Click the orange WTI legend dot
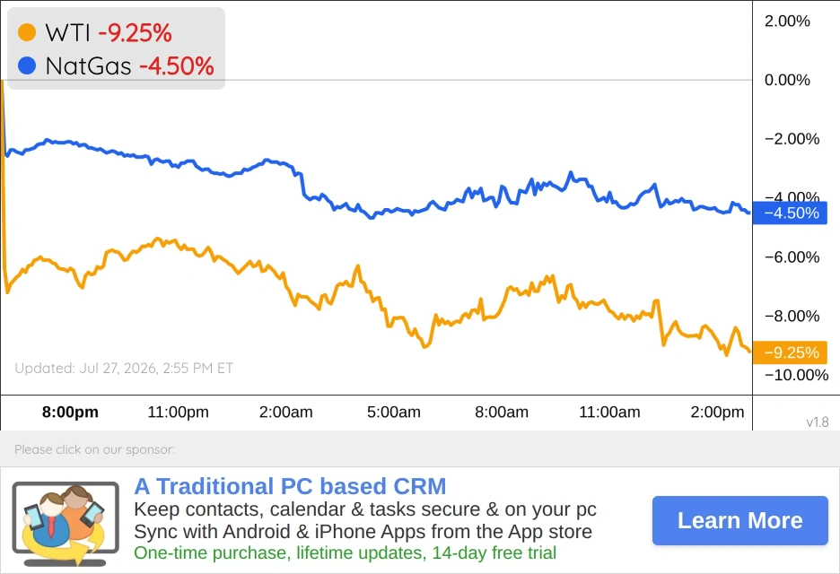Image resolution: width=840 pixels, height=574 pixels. coord(27,32)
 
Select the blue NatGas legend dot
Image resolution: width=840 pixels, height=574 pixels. coord(27,65)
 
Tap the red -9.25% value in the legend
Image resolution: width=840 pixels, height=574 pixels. coord(135,32)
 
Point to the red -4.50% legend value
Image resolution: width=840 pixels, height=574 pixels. coord(176,66)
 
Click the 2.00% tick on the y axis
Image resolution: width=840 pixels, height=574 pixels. coord(787,21)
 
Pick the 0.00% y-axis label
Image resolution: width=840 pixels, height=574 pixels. coord(787,80)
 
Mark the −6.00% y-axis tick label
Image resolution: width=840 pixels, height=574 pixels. coord(792,257)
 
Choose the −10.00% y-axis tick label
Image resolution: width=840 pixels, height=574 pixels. coord(797,375)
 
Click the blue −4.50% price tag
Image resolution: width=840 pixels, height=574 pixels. coord(790,213)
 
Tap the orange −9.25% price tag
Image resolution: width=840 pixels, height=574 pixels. coord(790,352)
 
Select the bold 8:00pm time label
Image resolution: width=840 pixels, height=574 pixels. coord(70,412)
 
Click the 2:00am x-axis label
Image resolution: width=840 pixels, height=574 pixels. coord(286,412)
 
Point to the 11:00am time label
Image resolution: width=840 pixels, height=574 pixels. coord(609,412)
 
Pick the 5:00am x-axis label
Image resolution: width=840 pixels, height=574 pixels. coord(394,412)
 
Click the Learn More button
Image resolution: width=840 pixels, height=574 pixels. coord(739,520)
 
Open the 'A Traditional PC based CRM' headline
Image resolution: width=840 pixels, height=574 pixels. coord(290,486)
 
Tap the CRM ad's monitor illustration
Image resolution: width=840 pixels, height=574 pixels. coord(66,524)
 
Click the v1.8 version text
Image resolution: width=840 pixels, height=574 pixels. coord(818,422)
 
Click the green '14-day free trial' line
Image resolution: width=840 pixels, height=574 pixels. coord(345,552)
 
